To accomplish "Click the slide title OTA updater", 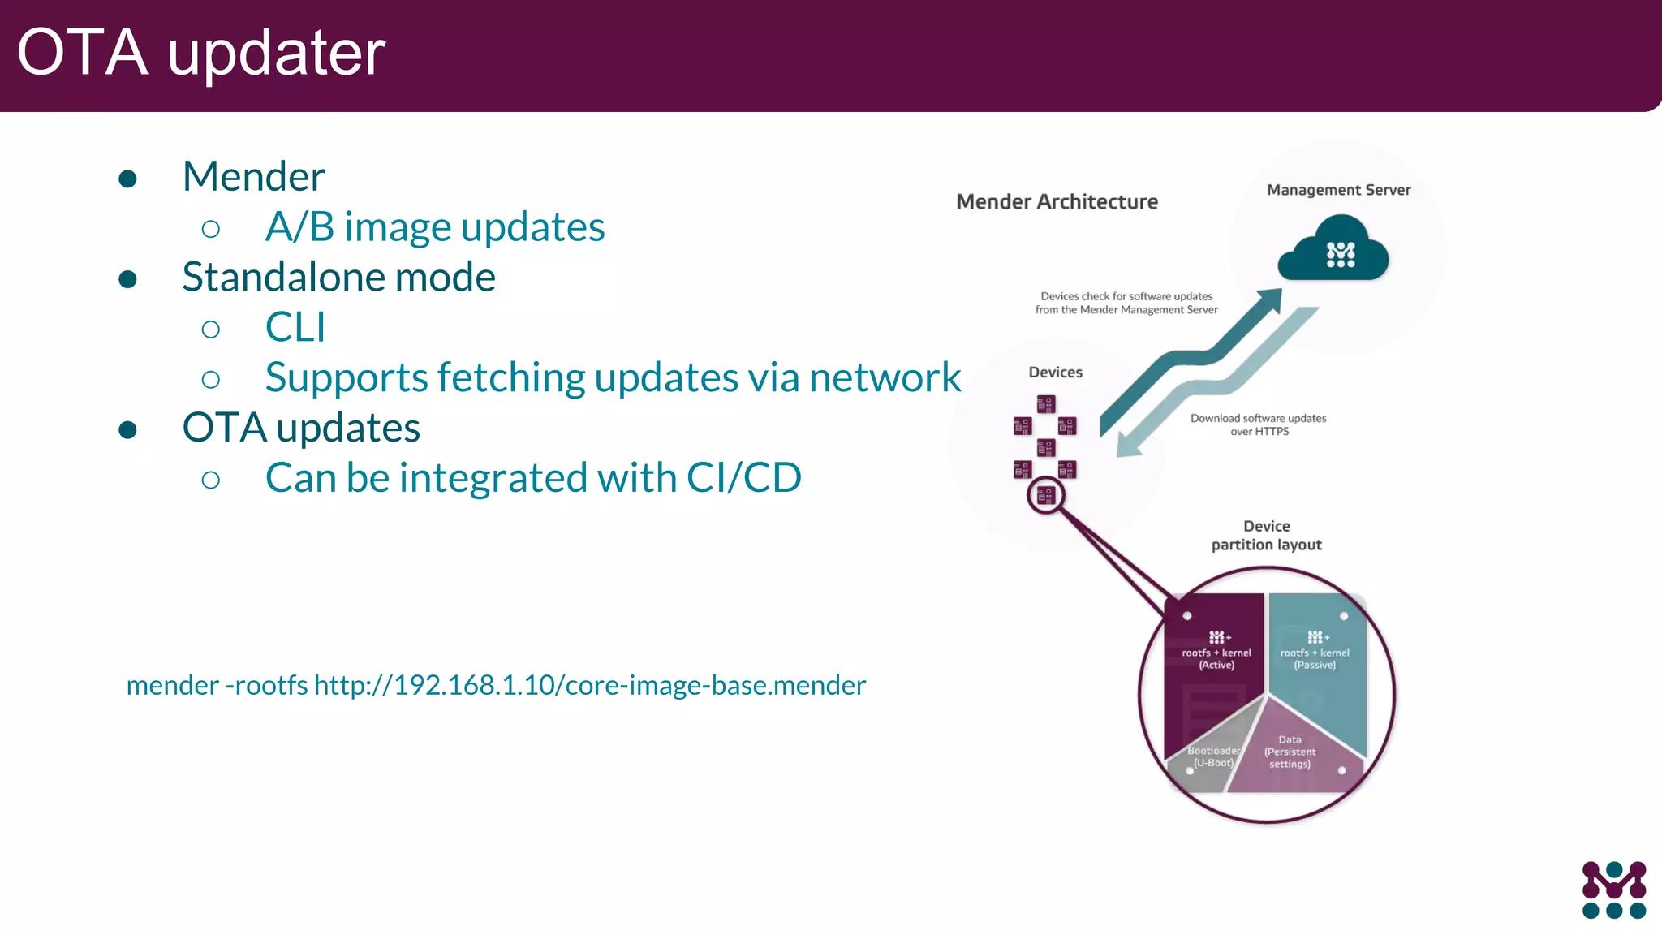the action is [200, 53].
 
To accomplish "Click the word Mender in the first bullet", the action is [253, 177].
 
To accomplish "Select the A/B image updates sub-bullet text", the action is [434, 227].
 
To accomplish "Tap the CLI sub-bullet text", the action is [295, 328].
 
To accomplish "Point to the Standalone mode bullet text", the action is [338, 278].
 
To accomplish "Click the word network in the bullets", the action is [885, 378].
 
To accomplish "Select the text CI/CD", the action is [743, 478].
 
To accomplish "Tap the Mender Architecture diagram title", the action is [1057, 202].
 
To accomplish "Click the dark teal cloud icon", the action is [1333, 249].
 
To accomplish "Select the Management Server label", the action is [1338, 190].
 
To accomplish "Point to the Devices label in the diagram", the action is [1055, 373].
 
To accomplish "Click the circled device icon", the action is [1045, 495].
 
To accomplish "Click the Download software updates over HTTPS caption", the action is [1258, 424].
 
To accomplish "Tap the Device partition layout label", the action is [1266, 536].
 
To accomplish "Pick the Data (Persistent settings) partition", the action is [1290, 752].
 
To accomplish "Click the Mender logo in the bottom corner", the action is [1613, 890].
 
